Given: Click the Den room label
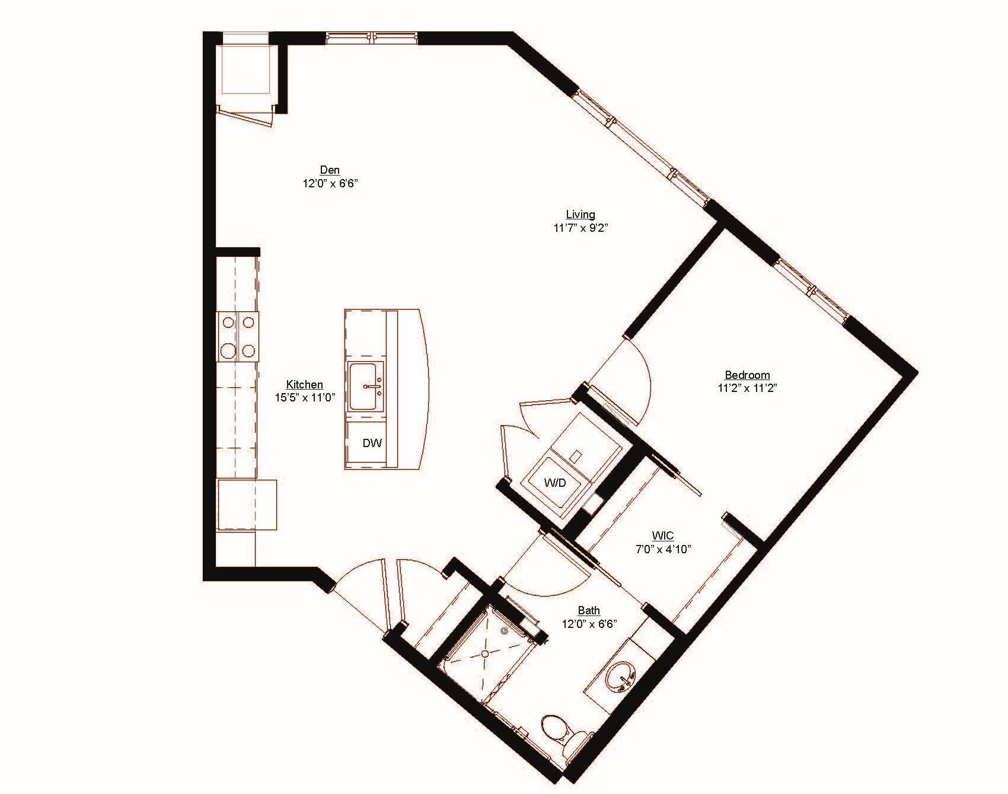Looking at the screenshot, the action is [330, 170].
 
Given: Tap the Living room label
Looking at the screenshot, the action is [580, 214].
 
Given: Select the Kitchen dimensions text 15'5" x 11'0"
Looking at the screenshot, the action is [305, 398].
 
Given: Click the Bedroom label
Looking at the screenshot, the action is [747, 375].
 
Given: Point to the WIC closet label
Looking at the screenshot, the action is [662, 535].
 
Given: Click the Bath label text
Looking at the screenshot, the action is [589, 610].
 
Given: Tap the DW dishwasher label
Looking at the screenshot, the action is [372, 443].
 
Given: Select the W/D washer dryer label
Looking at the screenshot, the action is [555, 483].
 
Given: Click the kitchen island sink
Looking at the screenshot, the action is [366, 387].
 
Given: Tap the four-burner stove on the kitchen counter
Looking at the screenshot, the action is [238, 337].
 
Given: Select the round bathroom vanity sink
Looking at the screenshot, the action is [621, 677].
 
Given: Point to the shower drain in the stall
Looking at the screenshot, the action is [485, 653].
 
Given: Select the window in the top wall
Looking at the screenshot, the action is [372, 39].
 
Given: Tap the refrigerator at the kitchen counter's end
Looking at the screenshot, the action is [246, 505].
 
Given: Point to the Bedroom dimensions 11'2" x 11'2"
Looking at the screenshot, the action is [747, 388].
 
